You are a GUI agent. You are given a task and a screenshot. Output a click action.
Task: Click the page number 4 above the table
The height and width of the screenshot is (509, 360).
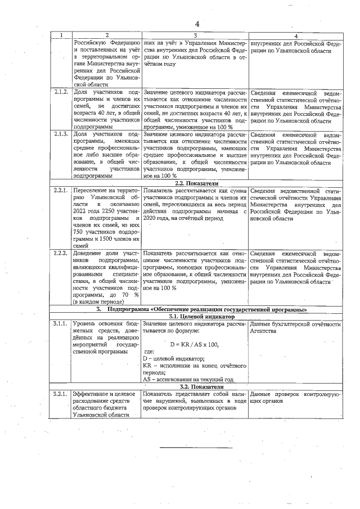[x=197, y=24]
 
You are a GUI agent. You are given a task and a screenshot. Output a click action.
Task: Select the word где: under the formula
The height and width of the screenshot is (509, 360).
[x=149, y=351]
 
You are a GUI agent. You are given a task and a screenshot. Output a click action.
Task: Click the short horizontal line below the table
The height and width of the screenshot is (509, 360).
[x=180, y=448]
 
